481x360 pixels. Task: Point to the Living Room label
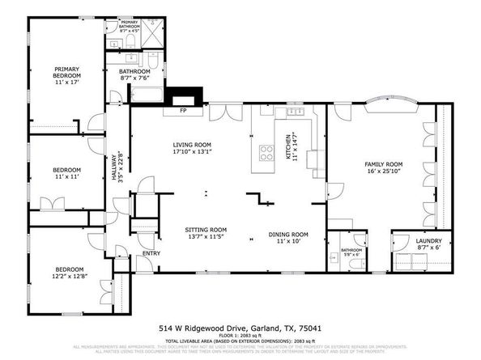191,150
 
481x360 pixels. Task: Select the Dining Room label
289,239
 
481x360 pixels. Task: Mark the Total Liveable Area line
240,342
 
